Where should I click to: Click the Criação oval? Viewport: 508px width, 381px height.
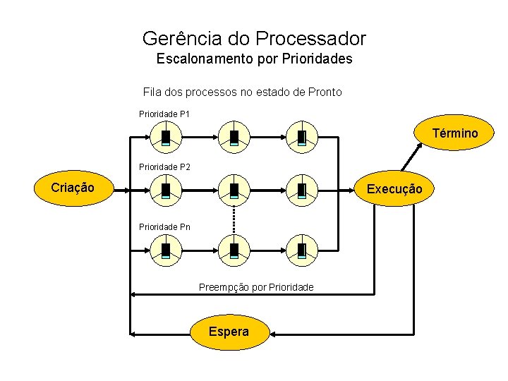click(x=73, y=188)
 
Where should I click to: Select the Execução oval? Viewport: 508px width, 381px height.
click(x=394, y=189)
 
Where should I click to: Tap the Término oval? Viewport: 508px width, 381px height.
click(x=454, y=133)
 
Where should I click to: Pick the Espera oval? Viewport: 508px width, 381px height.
click(x=229, y=332)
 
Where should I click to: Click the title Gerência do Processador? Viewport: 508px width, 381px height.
click(x=254, y=38)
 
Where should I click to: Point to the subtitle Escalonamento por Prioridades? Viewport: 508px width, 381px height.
click(x=254, y=59)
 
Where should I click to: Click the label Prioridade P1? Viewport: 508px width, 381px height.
click(x=164, y=114)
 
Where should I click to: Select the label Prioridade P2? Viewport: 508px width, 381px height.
click(x=164, y=167)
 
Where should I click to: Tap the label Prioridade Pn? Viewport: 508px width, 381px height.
click(x=164, y=227)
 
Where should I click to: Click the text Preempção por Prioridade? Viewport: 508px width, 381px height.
click(x=256, y=287)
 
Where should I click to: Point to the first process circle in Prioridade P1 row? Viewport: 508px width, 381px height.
click(x=166, y=136)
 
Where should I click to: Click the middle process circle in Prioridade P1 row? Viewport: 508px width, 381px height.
click(x=234, y=136)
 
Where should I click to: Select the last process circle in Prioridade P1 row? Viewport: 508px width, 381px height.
click(x=301, y=136)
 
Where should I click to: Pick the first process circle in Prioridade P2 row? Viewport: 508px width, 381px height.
click(x=166, y=189)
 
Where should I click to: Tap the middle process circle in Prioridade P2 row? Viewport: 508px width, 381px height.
click(x=234, y=189)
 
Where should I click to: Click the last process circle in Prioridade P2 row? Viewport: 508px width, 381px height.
click(x=301, y=189)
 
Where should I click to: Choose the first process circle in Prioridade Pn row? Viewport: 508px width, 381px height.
click(x=166, y=249)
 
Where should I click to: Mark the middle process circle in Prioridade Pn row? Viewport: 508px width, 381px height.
click(x=234, y=249)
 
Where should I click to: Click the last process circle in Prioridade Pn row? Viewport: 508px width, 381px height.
click(x=301, y=249)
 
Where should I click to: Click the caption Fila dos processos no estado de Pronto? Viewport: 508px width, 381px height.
click(x=242, y=92)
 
